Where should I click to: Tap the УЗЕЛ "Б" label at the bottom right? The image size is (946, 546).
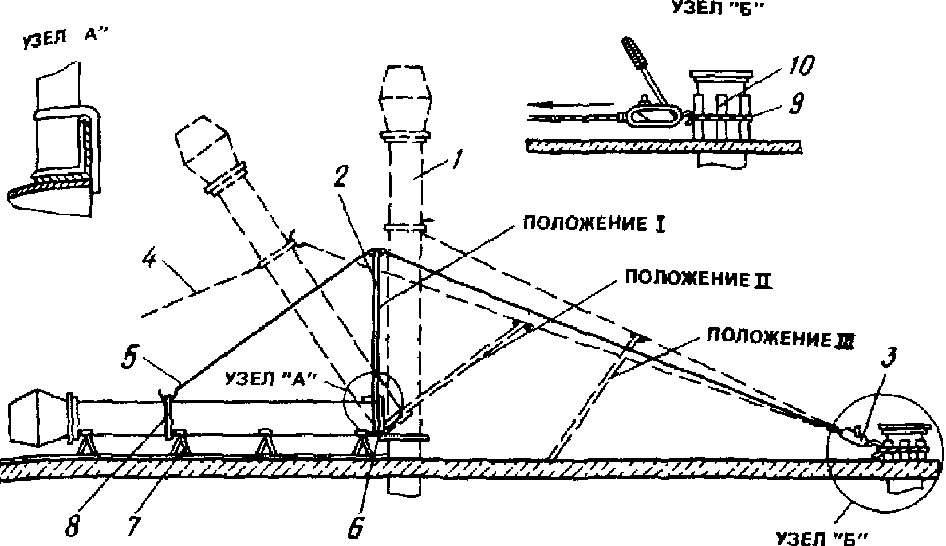click(819, 537)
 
